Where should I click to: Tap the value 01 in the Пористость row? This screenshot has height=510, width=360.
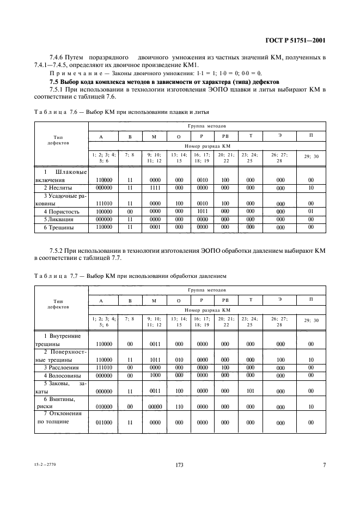(x=310, y=211)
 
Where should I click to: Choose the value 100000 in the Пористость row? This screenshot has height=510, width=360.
(x=103, y=211)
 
